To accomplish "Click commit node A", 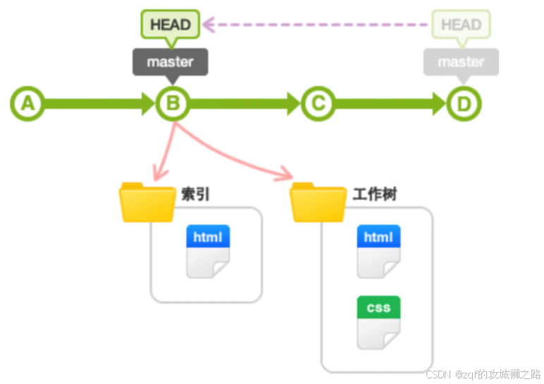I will point(27,104).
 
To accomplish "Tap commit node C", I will point(318,104).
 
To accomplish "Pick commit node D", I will point(463,104).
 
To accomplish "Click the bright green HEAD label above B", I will point(171,25).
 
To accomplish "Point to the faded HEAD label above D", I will point(461,25).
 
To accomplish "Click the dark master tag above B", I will point(170,62).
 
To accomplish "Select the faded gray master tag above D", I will point(461,62).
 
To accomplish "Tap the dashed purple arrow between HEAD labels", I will point(317,25).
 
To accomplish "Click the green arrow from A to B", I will point(99,104).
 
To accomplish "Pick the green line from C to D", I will point(390,104).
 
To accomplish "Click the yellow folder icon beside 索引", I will point(147,202).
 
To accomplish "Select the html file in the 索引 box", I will point(208,251).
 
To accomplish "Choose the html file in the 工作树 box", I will point(378,251).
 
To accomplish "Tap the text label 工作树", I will point(374,194).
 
